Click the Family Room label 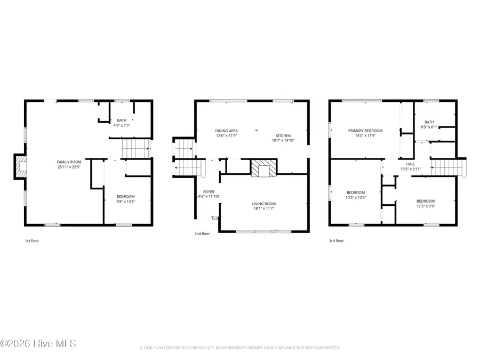pos(69,162)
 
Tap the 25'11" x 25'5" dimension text pos(69,167)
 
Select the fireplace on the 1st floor pos(21,166)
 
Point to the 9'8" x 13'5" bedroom pos(126,199)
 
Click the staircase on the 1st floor pos(136,147)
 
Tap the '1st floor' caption pos(32,241)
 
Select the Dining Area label pos(227,131)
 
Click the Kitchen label pos(283,135)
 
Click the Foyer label pos(209,191)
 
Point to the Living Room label pos(264,204)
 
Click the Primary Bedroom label pos(365,131)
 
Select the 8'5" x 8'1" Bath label pos(429,124)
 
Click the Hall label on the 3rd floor pos(411,164)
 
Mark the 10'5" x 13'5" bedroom pos(356,195)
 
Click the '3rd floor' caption pos(336,241)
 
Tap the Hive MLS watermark pos(38,343)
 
